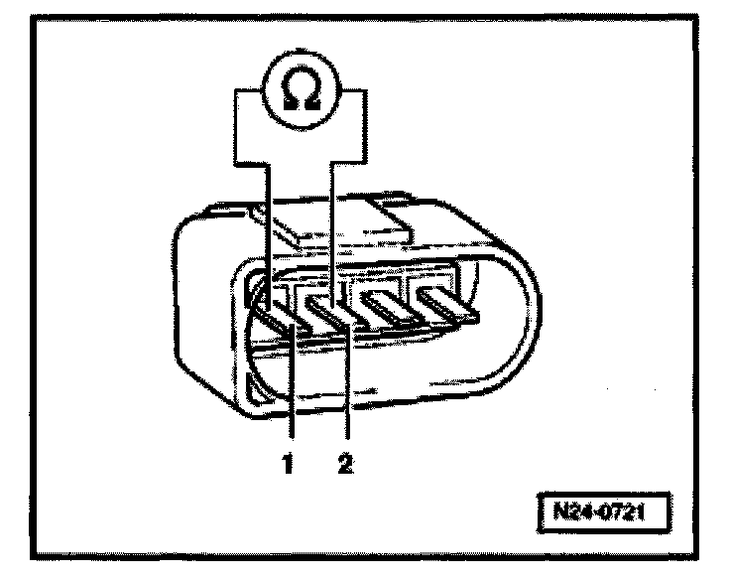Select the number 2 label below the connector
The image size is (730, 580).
click(x=344, y=462)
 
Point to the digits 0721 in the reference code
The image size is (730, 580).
click(x=621, y=513)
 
